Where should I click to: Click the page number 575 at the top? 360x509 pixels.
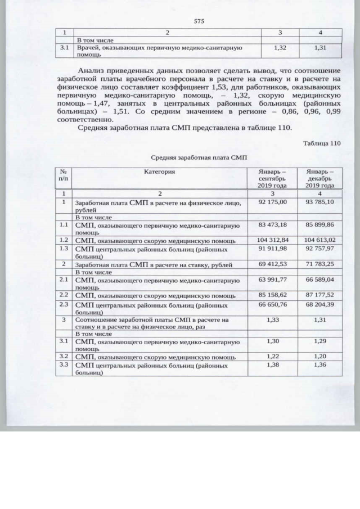coord(198,21)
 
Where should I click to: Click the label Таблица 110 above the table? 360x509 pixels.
coord(322,143)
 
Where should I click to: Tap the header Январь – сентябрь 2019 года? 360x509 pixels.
coord(272,178)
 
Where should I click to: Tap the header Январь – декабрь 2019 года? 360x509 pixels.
coord(319,178)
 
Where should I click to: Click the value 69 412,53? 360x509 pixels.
coord(272,263)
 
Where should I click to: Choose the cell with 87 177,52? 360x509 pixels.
coord(319,294)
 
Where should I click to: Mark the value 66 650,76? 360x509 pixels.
coord(272,304)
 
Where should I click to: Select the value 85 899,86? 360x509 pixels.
coord(319,225)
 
